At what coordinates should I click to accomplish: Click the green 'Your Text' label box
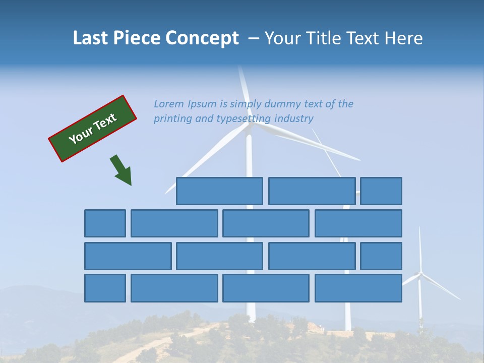point(93,129)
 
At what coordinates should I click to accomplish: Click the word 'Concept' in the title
point(202,38)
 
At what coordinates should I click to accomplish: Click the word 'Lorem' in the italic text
point(169,104)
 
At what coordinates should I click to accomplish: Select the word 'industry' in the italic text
point(294,118)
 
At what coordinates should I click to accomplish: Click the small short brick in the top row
point(381,191)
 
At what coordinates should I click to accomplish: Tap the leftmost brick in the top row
point(219,191)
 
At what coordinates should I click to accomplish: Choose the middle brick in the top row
point(312,191)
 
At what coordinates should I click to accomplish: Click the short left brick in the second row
point(105,223)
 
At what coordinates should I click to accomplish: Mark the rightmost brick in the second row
point(358,223)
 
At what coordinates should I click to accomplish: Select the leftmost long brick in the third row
point(128,256)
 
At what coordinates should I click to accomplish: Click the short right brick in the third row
point(381,256)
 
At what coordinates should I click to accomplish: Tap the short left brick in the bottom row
point(105,288)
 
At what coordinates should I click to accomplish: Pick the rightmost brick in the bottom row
point(358,288)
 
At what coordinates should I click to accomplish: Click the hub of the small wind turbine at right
point(420,273)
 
